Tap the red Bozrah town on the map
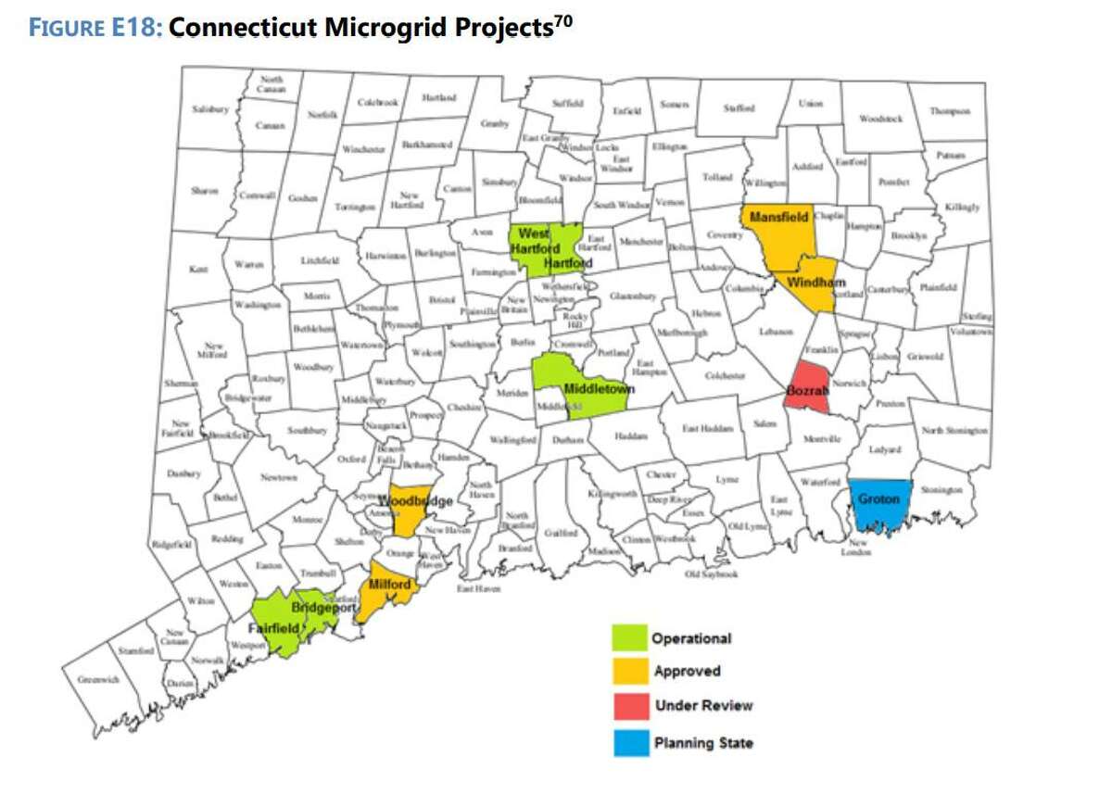806,390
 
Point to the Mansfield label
778,217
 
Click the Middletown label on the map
600,390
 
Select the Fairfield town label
273,626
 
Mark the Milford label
389,585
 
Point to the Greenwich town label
97,679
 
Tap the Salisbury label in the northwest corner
209,109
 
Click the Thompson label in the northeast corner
950,111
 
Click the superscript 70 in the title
562,20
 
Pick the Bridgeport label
323,608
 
